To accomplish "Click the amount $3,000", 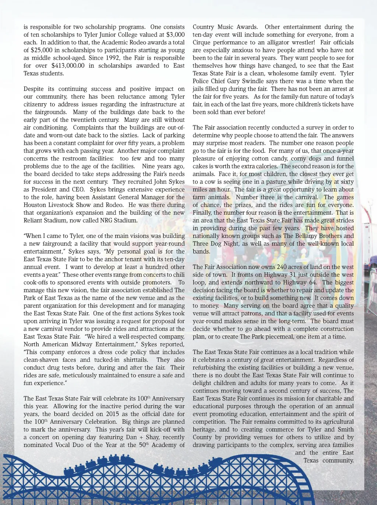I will pyautogui.click(x=176, y=35).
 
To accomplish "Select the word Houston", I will pyautogui.click(x=34, y=205).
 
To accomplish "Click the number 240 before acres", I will pyautogui.click(x=282, y=267).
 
